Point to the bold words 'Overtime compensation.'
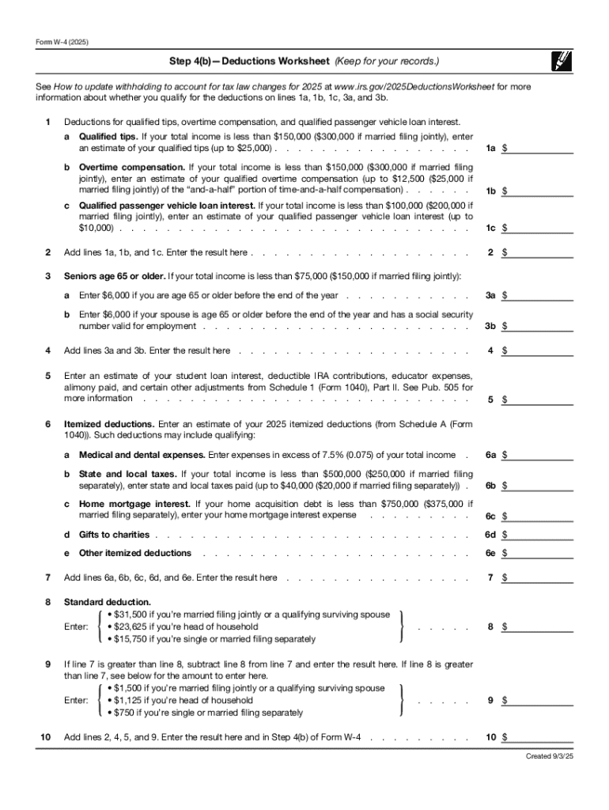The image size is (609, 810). (132, 168)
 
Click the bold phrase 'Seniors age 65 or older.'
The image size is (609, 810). (115, 276)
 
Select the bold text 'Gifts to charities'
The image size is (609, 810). (114, 535)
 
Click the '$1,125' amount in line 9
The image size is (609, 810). (127, 700)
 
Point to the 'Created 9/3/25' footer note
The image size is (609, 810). (550, 756)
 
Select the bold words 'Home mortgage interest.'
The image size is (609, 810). (134, 504)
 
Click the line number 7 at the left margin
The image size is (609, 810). (48, 577)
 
